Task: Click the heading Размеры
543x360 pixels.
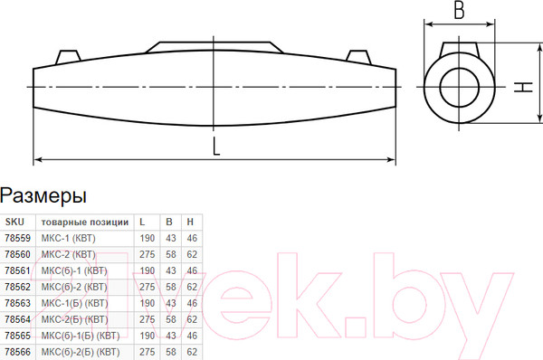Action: (43, 196)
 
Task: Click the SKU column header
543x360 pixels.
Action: (14, 222)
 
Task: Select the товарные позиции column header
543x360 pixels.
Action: (85, 223)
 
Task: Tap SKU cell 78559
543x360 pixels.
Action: (18, 238)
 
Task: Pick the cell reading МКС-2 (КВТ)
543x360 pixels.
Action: (68, 254)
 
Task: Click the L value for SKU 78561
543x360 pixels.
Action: (148, 270)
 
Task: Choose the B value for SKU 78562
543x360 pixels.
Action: (171, 287)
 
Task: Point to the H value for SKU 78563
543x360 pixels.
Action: (192, 303)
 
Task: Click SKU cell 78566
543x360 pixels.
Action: (18, 352)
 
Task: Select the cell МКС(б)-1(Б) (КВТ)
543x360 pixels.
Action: (81, 336)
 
